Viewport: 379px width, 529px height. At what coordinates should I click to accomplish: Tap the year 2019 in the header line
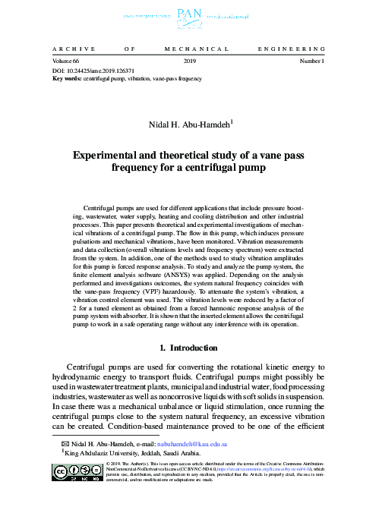tap(190, 60)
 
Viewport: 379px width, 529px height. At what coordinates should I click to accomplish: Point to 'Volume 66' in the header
tap(65, 60)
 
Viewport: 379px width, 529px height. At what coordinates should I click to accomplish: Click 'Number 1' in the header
tap(313, 60)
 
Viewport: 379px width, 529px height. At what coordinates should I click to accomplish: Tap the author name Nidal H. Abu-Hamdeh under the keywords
tap(187, 124)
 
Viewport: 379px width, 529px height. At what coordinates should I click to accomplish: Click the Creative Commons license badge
tap(78, 472)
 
